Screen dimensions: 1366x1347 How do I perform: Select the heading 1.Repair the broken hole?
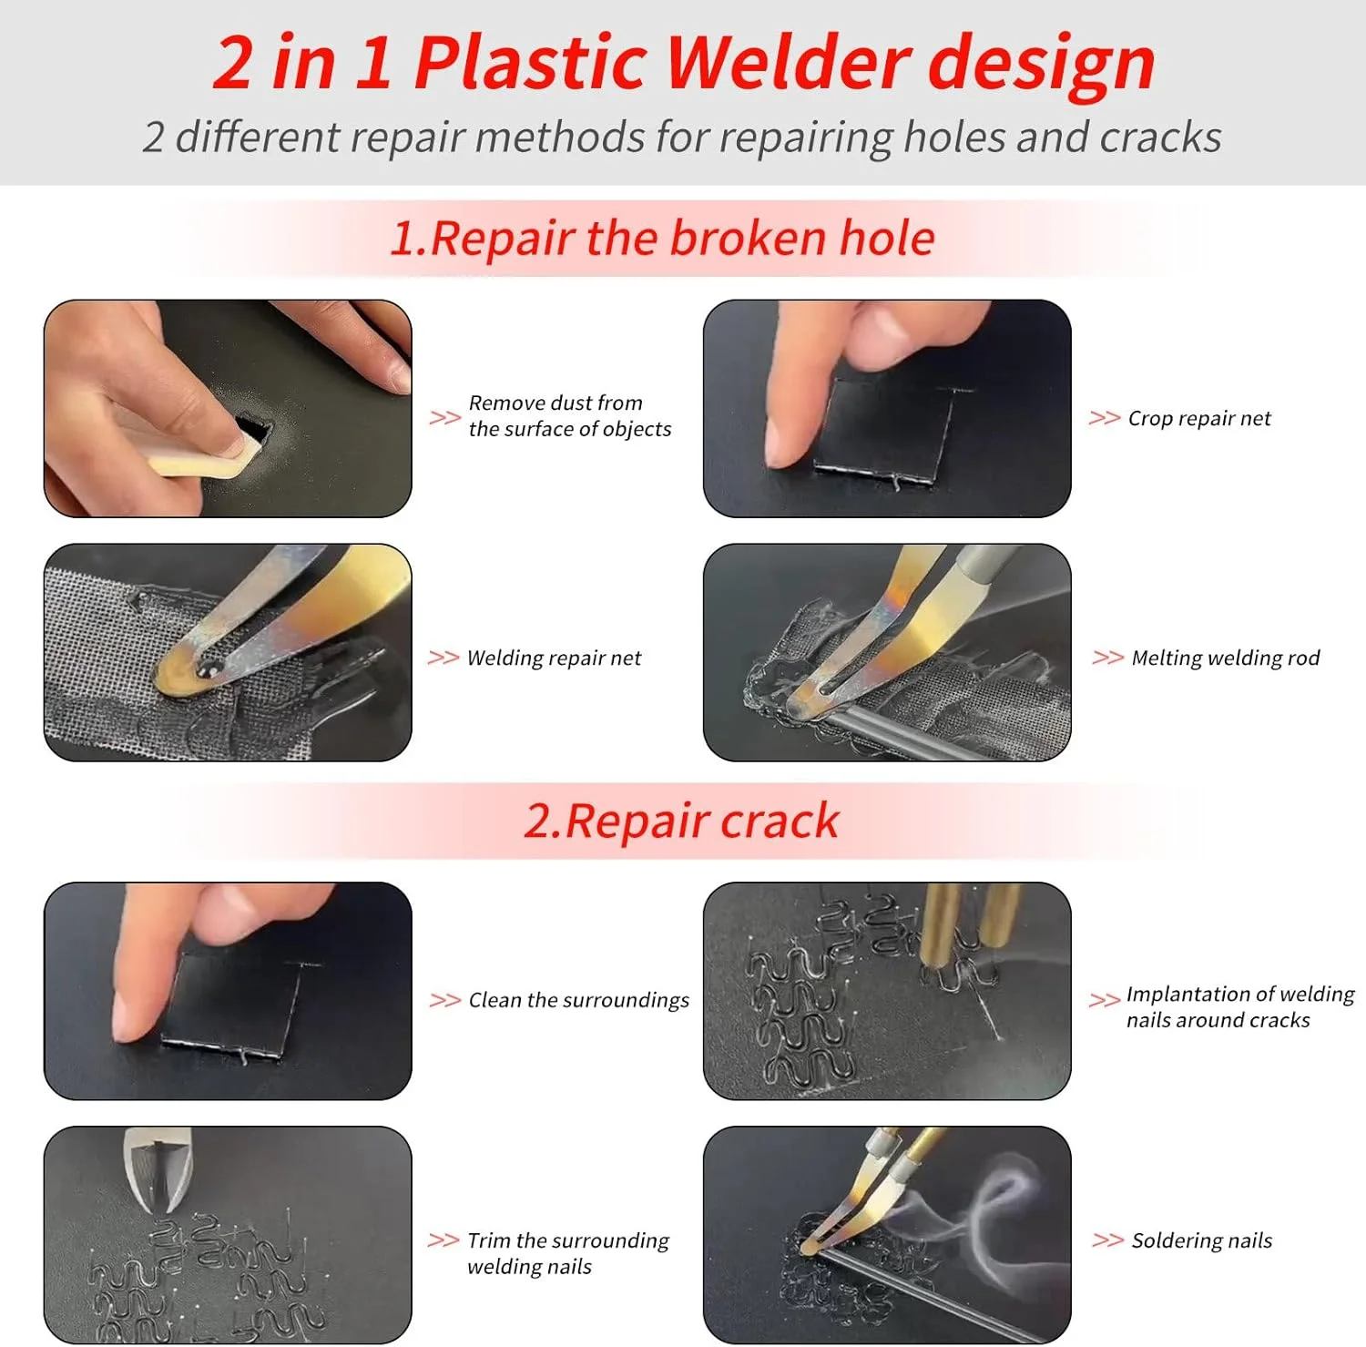coord(662,238)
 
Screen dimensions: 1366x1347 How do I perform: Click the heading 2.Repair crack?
coord(681,821)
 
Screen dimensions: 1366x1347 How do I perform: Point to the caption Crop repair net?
coord(1199,418)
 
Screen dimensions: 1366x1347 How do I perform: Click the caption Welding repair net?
coord(554,658)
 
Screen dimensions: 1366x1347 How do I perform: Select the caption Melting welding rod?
coord(1226,658)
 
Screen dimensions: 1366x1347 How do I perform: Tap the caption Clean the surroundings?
coord(579,1000)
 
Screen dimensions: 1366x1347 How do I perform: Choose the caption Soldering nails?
coord(1202,1240)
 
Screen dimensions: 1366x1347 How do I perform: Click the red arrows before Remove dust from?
coord(444,418)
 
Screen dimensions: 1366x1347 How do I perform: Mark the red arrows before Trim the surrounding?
coord(443,1240)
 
